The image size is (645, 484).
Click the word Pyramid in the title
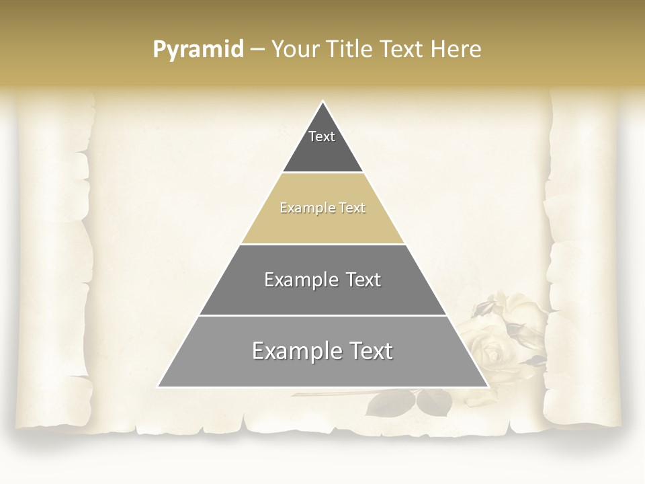tap(198, 50)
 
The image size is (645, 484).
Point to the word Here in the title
tap(456, 49)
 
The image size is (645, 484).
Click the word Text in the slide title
tap(402, 49)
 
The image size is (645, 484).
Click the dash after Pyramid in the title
tap(257, 50)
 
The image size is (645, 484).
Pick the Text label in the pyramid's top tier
tap(322, 136)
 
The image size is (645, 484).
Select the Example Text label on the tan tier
tap(322, 208)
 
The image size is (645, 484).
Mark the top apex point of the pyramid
tap(322, 102)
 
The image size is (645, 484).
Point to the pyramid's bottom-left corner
tap(159, 387)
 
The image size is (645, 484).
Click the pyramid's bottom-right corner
tap(487, 387)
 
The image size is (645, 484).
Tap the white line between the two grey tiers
tap(322, 315)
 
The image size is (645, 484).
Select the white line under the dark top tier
tap(322, 173)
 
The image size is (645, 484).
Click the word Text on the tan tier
tap(351, 208)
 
